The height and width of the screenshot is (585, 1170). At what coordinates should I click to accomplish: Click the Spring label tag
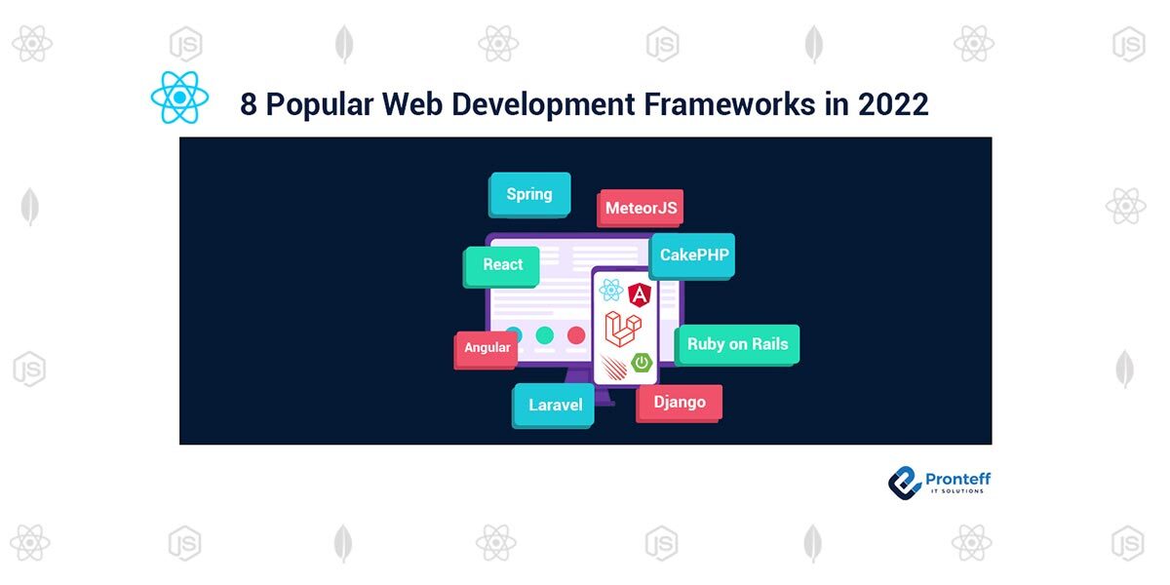pyautogui.click(x=529, y=194)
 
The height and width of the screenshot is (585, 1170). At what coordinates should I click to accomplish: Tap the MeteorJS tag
pyautogui.click(x=641, y=208)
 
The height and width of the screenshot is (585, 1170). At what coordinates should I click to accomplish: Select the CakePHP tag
pyautogui.click(x=693, y=255)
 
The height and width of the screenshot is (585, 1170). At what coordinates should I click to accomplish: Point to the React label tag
pyautogui.click(x=502, y=264)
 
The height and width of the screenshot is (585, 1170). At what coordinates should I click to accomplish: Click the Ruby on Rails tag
pyautogui.click(x=737, y=344)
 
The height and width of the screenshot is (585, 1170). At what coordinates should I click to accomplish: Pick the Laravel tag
pyautogui.click(x=555, y=405)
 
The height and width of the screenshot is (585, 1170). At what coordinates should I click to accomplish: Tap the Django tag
pyautogui.click(x=680, y=402)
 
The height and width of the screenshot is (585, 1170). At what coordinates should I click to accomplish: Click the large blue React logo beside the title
pyautogui.click(x=179, y=97)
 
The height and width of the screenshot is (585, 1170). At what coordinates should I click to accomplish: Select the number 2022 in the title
pyautogui.click(x=893, y=104)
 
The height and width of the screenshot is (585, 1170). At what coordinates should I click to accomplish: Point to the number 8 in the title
pyautogui.click(x=249, y=104)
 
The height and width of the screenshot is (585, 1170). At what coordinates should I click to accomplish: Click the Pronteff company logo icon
pyautogui.click(x=905, y=482)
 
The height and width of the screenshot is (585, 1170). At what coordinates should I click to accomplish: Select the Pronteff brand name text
pyautogui.click(x=958, y=479)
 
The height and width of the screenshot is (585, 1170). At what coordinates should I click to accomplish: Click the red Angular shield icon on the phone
pyautogui.click(x=640, y=292)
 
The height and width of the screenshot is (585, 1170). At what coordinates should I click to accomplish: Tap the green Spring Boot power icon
pyautogui.click(x=642, y=363)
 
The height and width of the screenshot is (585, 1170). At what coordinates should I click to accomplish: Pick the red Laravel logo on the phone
pyautogui.click(x=622, y=329)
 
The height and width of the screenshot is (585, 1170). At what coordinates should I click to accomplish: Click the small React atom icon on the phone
pyautogui.click(x=611, y=290)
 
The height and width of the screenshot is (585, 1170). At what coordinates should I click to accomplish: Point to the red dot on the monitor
pyautogui.click(x=576, y=335)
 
